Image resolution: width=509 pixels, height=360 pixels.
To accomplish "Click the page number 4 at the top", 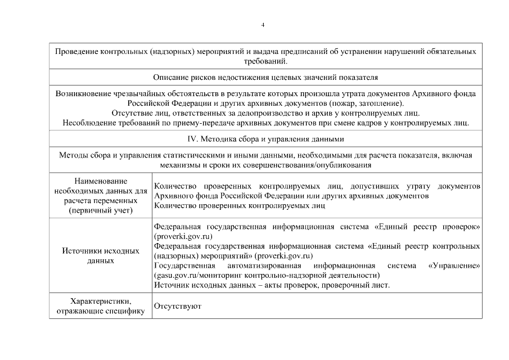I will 263,25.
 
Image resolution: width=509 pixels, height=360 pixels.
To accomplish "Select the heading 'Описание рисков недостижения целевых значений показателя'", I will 265,76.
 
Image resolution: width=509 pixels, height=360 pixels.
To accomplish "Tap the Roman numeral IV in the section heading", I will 193,138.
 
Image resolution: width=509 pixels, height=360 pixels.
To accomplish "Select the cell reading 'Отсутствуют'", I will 177,306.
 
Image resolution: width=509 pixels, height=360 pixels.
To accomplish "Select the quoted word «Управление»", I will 454,265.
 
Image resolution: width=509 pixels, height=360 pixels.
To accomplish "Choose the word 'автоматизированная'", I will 263,265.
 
